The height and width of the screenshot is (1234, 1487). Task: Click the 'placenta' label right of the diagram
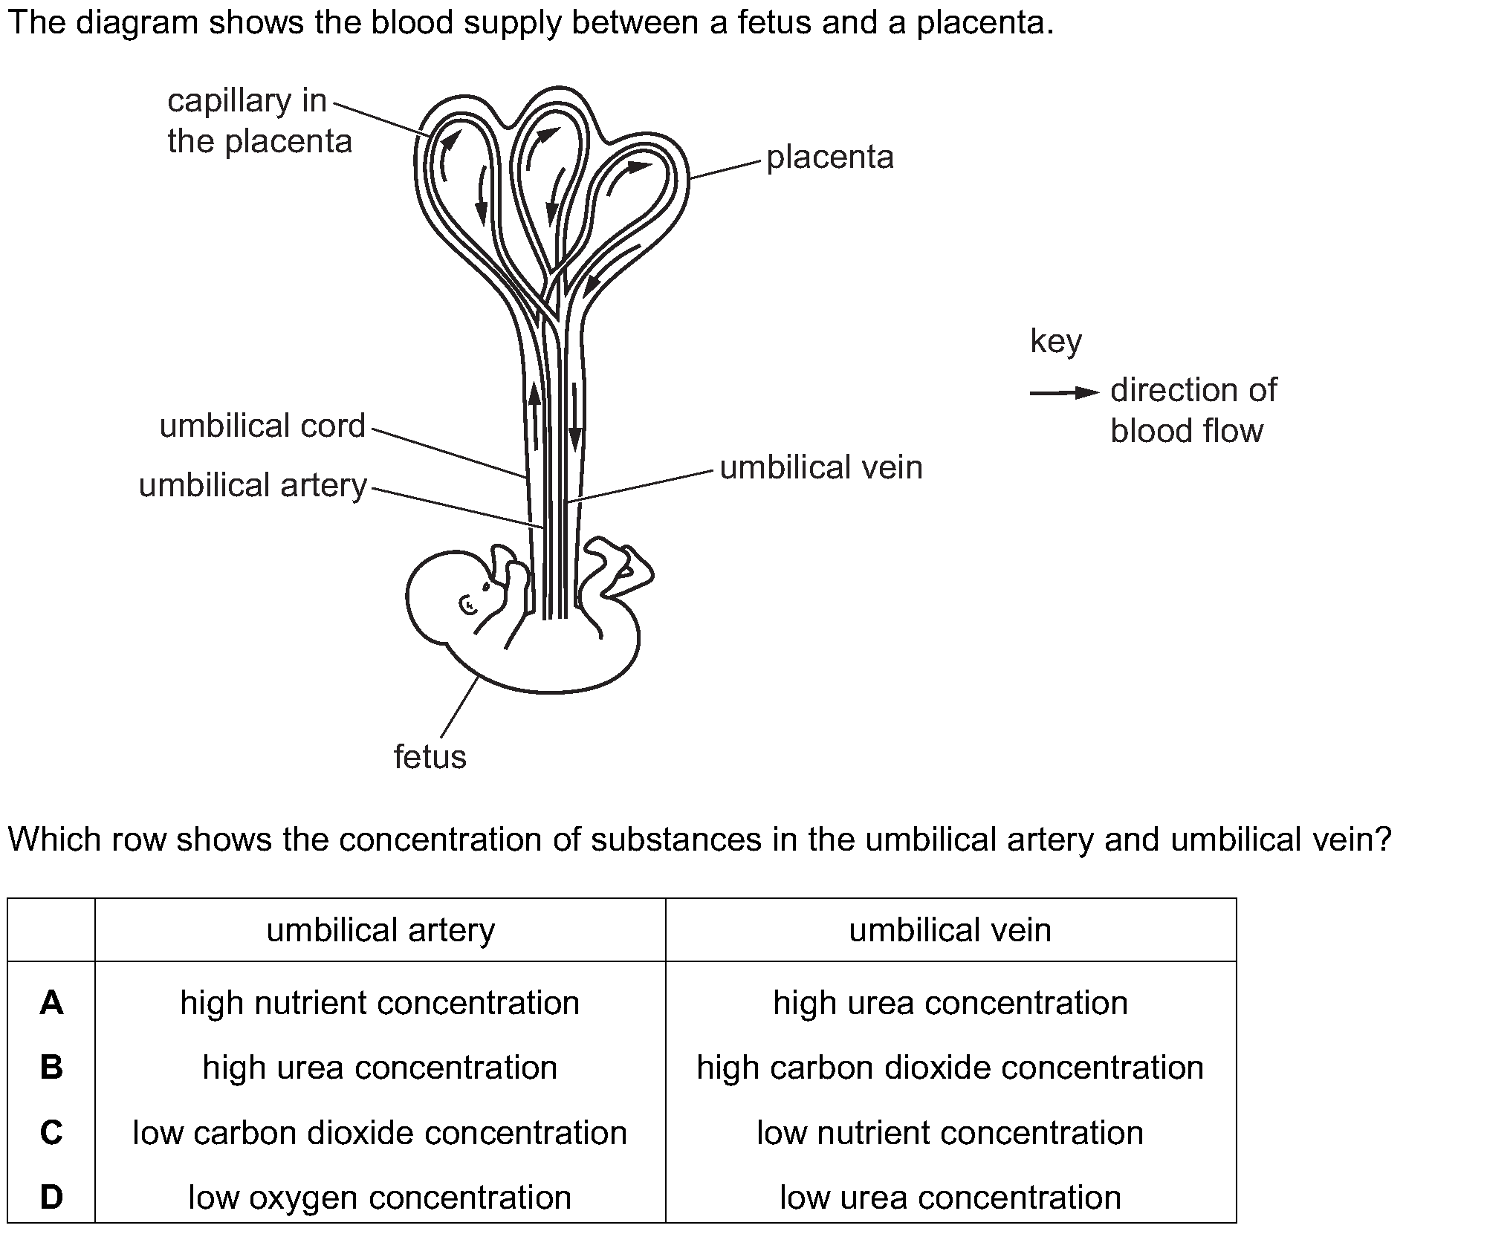coord(830,158)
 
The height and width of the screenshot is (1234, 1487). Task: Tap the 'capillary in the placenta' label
coord(259,121)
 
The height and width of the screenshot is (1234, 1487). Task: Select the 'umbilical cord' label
coord(262,426)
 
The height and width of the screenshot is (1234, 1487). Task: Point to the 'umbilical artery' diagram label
coord(253,486)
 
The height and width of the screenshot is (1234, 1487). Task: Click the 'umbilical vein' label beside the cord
coord(821,468)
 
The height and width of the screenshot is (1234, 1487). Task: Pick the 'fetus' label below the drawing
coord(430,757)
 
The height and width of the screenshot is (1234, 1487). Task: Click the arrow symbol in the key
coord(1064,392)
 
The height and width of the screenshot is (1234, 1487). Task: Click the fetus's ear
coord(468,606)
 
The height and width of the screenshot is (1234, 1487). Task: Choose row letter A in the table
coord(51,1003)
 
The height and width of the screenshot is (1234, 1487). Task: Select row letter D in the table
coord(51,1197)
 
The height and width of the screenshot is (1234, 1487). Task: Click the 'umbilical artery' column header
coord(380,930)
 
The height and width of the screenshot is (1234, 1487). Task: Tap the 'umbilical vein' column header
coord(950,930)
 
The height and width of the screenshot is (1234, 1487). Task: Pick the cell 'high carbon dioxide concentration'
coord(950,1068)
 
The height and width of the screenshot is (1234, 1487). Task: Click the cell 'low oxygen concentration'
coord(380,1198)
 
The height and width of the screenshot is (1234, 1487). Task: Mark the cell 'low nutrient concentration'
coord(950,1133)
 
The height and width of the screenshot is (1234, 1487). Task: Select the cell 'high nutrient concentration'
coord(380,1003)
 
